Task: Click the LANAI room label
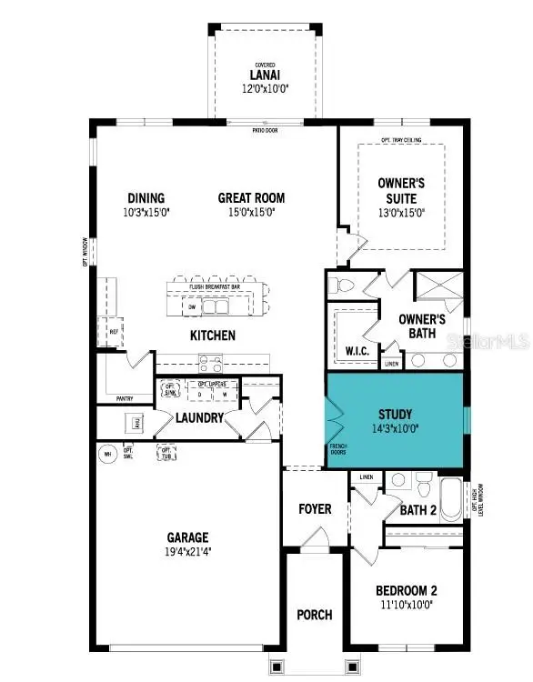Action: pos(264,75)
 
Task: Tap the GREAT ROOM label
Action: pos(251,197)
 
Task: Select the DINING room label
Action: pos(146,197)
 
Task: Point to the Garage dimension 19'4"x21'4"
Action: pos(186,551)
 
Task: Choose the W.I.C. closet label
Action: pos(356,350)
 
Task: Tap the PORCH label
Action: pos(315,615)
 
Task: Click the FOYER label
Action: pos(315,508)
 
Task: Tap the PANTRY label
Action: pos(125,398)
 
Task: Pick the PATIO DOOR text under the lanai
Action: pos(265,131)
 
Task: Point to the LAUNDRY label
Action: pos(200,417)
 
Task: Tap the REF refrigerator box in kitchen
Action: pos(114,332)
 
